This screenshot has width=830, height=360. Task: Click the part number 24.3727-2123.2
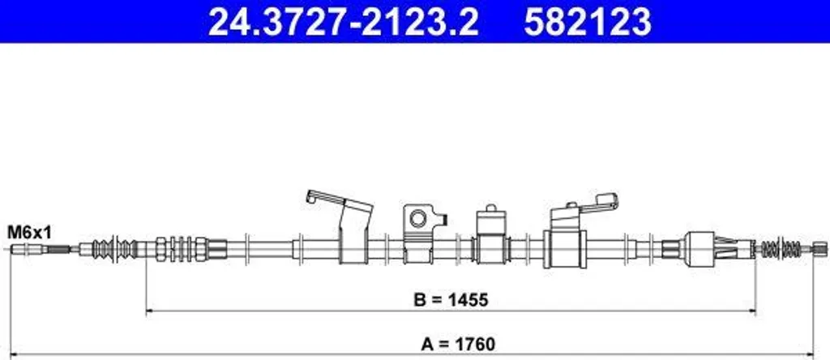pos(343,22)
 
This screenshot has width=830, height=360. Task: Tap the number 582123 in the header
pos(588,22)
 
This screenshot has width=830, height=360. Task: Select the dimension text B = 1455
pos(451,300)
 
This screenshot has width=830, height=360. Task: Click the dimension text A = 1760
pos(458,345)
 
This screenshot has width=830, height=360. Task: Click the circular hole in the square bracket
pos(418,218)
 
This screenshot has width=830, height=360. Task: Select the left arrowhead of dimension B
pos(149,312)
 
